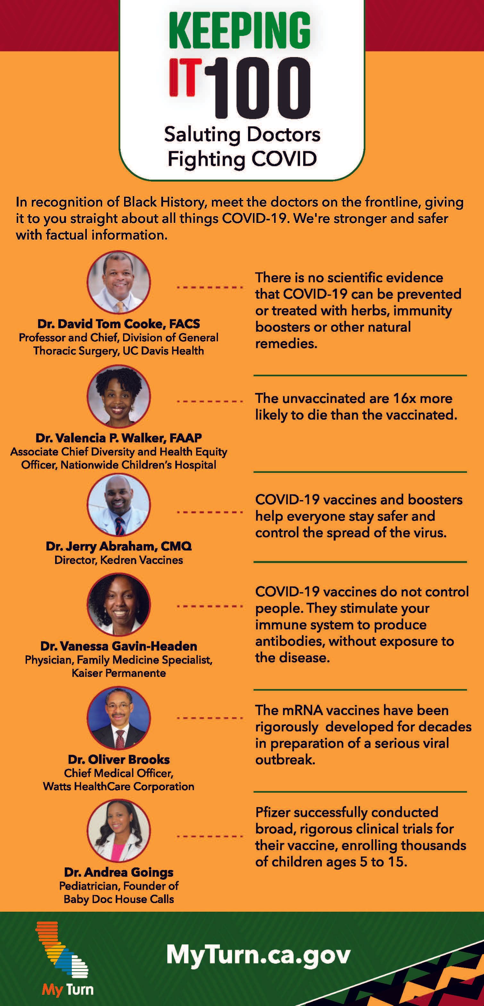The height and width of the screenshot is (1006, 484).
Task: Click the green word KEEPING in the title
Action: [240, 30]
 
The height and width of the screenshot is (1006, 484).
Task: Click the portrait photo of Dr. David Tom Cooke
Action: [119, 282]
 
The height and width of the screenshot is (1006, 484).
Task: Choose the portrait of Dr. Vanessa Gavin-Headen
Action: [119, 605]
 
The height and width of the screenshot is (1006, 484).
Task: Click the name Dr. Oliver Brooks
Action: [119, 760]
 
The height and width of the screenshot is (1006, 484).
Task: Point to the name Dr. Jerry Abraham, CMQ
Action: [119, 546]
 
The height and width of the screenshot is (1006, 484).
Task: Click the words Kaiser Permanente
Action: [119, 673]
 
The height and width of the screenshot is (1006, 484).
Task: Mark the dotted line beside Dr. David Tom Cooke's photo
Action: [210, 287]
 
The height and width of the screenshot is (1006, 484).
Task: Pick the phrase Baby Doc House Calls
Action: [119, 899]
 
